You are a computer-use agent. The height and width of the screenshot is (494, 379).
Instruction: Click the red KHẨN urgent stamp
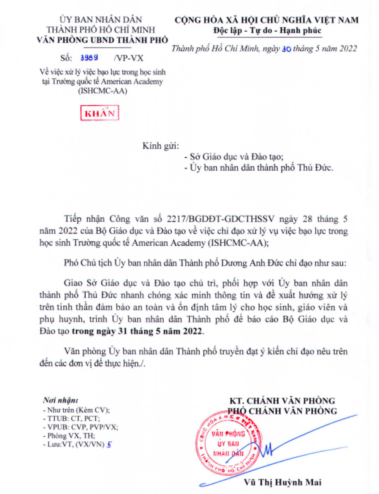99,113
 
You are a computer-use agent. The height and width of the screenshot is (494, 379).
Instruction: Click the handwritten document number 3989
89,58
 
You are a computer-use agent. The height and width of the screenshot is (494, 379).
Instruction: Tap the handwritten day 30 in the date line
286,49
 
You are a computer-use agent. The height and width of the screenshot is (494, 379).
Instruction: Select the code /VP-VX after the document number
129,58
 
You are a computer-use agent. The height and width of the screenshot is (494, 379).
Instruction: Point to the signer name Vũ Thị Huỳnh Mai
282,482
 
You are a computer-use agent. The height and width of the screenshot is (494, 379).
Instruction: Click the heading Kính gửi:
160,146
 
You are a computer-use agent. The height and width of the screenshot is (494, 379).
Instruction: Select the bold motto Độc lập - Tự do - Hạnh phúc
267,31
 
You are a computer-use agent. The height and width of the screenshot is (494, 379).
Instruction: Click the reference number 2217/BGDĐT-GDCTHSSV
220,219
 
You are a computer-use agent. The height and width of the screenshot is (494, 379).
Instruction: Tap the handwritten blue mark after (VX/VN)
109,444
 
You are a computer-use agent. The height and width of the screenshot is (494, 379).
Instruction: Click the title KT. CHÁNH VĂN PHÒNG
282,401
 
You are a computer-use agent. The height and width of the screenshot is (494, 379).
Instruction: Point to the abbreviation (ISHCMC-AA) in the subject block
103,91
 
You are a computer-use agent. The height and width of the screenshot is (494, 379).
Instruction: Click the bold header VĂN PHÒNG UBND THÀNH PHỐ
102,40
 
